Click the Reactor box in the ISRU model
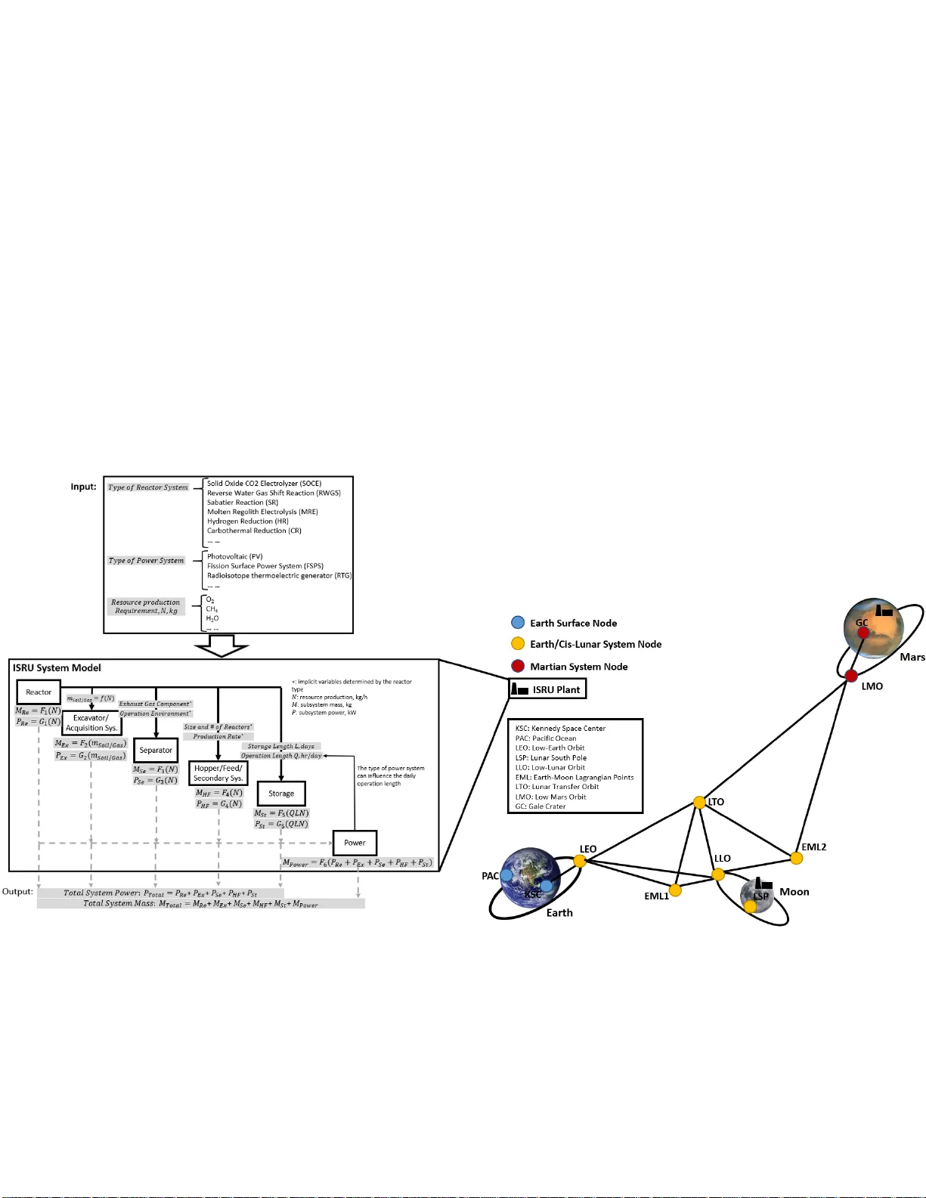39,692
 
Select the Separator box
156,750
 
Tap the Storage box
281,793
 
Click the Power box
355,843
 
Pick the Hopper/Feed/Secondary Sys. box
218,773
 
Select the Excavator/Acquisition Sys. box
91,723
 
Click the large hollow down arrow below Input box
221,645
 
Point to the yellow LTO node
700,802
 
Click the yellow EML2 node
796,858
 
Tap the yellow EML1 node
675,890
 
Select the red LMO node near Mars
851,676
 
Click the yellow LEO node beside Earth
580,860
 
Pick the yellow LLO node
718,875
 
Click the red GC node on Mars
863,633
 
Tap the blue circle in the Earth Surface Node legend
518,623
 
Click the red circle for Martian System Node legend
518,666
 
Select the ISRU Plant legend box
547,689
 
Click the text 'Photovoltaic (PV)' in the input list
234,556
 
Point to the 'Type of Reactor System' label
147,488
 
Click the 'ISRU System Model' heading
57,667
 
